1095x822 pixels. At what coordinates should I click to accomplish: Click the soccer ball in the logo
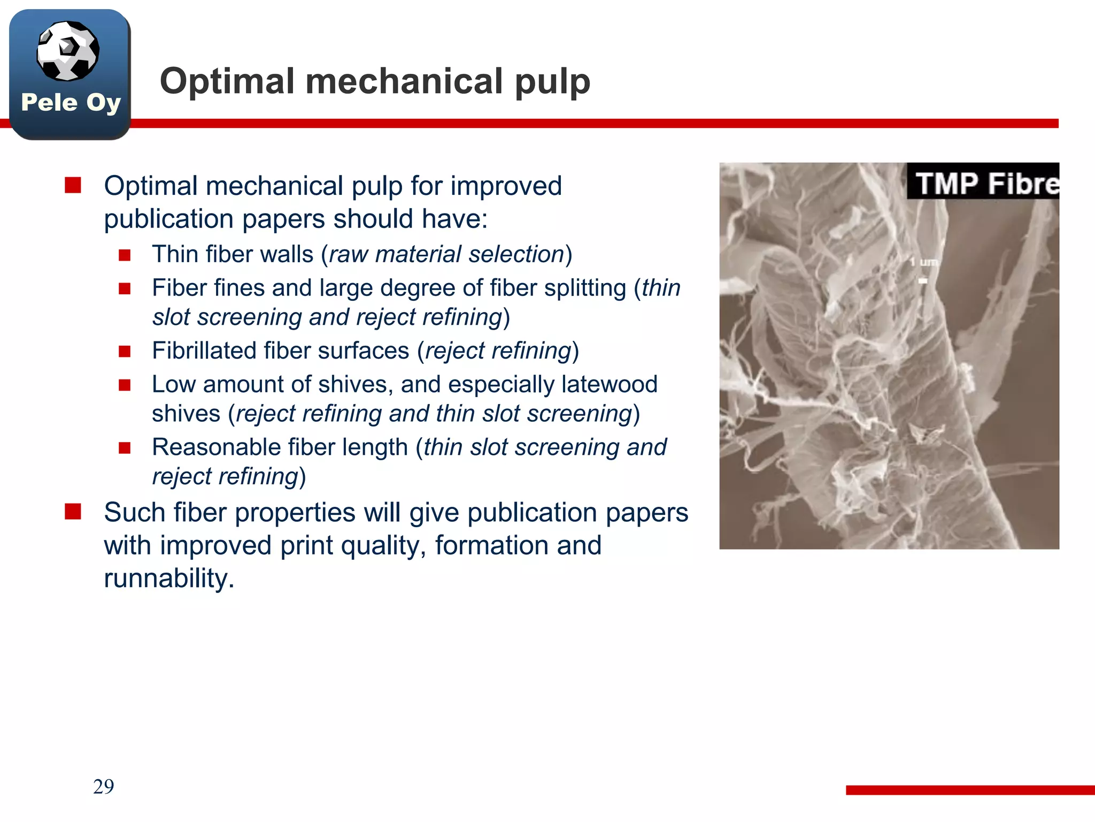tap(67, 51)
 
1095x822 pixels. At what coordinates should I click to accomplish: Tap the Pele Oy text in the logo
tap(71, 102)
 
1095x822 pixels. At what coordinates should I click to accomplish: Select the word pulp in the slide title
tap(552, 82)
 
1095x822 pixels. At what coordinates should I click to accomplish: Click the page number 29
tap(103, 786)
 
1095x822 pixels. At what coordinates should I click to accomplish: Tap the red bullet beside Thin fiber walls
tap(125, 255)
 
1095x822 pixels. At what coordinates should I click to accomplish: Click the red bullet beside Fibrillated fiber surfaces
tap(125, 352)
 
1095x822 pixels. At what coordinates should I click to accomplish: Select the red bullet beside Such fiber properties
tap(73, 512)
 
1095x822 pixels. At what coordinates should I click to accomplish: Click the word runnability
tap(169, 579)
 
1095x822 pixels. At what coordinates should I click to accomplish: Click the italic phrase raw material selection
tap(446, 254)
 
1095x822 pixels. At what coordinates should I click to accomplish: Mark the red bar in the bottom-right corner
tap(970, 790)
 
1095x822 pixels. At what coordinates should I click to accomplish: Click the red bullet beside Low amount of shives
tap(125, 385)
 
